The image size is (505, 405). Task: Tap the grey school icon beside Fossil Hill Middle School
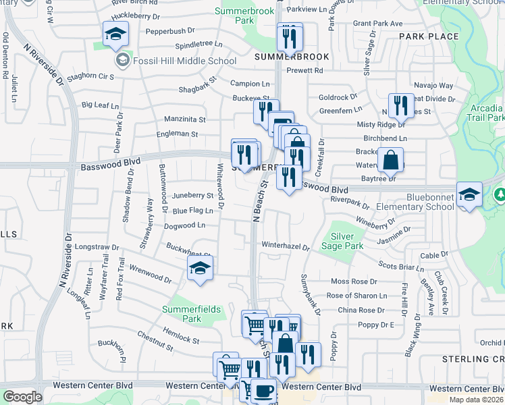[x=123, y=61]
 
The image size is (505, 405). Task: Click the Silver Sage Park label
[x=347, y=242]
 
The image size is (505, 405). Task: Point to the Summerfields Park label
[x=192, y=314]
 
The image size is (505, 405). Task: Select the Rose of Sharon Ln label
[x=357, y=296]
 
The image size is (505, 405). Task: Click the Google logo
[x=22, y=397]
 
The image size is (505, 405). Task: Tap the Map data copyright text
[x=476, y=400]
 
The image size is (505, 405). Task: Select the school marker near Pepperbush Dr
[x=115, y=34]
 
